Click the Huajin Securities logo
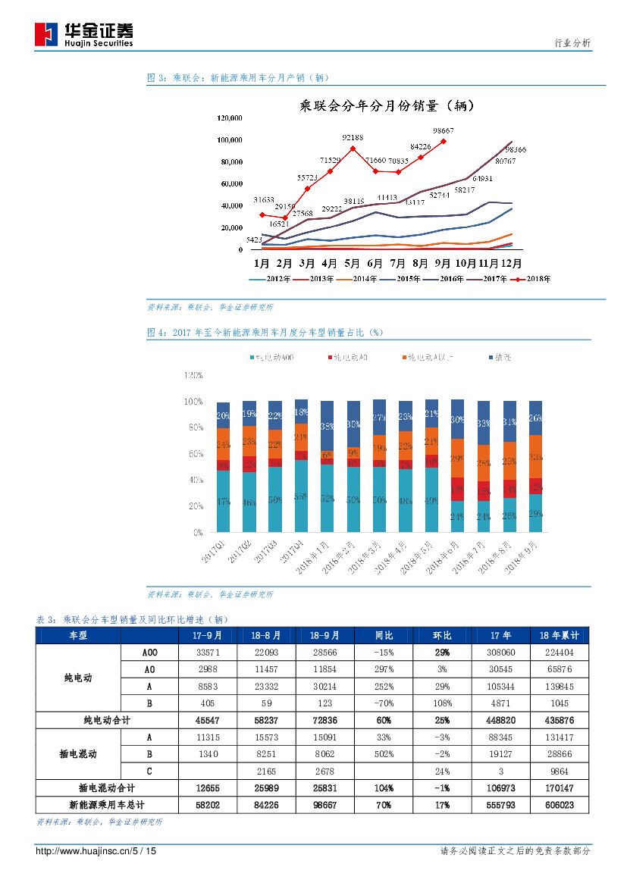pos(83,34)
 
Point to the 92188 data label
pos(353,137)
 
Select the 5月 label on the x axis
pos(352,264)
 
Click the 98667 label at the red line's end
pos(443,130)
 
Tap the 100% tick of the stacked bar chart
pos(193,401)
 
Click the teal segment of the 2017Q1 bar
pos(223,501)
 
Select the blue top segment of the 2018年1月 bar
pos(327,426)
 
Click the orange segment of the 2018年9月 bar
pos(535,456)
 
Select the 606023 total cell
pos(563,805)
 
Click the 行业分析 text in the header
pos(572,43)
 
